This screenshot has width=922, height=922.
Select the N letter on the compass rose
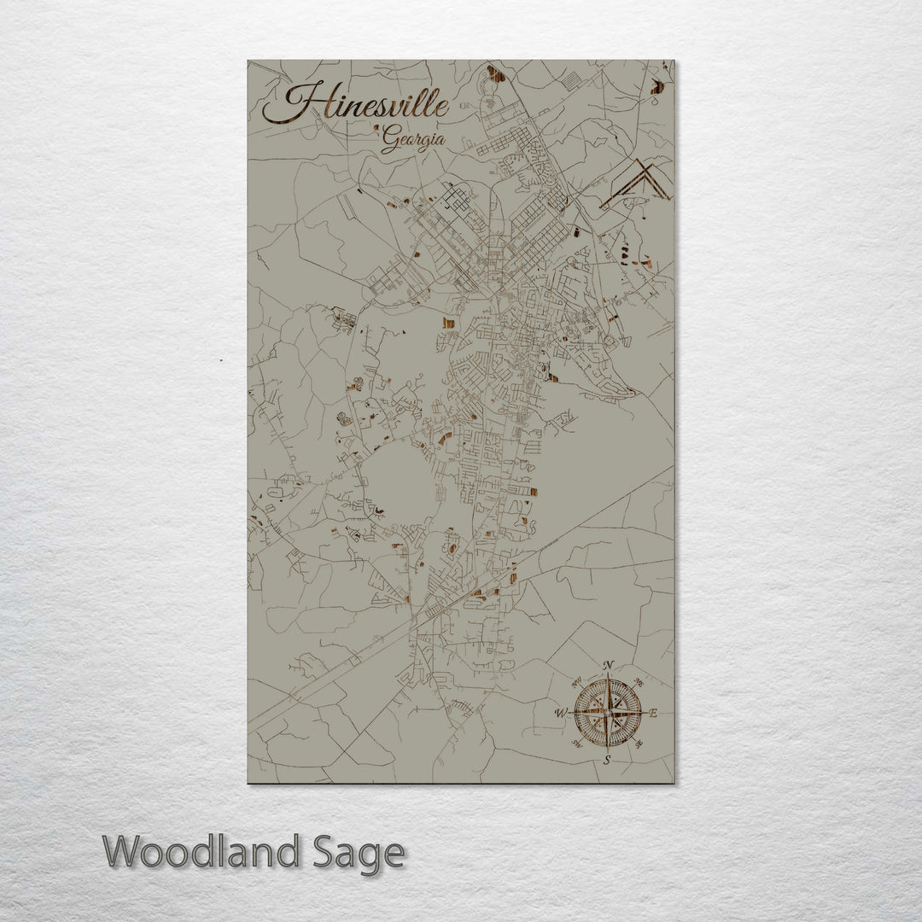click(608, 665)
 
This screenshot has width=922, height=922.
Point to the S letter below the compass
click(607, 759)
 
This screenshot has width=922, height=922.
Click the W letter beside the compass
click(561, 711)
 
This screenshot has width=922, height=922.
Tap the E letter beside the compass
click(654, 714)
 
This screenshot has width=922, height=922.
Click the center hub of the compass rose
click(607, 712)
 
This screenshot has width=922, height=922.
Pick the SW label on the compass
click(575, 743)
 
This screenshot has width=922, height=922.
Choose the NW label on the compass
click(575, 680)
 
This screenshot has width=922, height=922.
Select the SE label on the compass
click(639, 744)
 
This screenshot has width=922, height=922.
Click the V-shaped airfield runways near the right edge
click(637, 184)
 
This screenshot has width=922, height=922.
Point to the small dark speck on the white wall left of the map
click(222, 360)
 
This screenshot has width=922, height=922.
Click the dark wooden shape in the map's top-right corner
click(656, 85)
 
